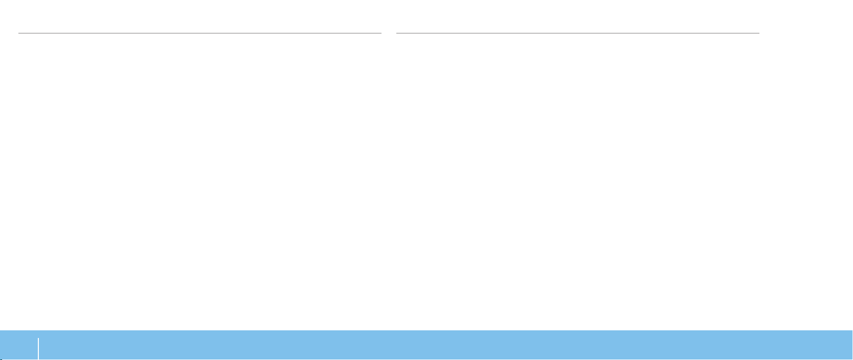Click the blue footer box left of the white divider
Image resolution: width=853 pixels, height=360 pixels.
(19, 346)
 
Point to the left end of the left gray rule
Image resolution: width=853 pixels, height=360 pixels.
(19, 33)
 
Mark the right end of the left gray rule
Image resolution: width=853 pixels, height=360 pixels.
(381, 33)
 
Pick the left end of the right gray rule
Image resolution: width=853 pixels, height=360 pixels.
(397, 33)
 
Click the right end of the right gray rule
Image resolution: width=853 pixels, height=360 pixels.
(759, 33)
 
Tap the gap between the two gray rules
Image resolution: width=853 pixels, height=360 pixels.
(389, 33)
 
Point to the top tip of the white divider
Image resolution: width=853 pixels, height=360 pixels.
(38, 337)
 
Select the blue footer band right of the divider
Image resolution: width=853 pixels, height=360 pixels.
(445, 346)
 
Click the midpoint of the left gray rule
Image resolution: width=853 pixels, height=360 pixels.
(200, 33)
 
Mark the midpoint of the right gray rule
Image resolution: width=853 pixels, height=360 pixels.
(578, 33)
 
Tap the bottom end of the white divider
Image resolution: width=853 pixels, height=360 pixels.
(38, 359)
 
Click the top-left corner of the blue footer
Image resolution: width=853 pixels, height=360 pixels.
(1, 331)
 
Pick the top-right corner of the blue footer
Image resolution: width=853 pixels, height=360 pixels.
(852, 331)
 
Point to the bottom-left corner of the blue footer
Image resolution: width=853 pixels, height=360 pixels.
(1, 359)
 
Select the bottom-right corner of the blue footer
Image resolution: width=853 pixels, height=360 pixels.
(852, 359)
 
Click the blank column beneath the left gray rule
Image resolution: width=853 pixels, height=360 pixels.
(200, 179)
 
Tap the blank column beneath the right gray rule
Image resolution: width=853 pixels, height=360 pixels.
(578, 179)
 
